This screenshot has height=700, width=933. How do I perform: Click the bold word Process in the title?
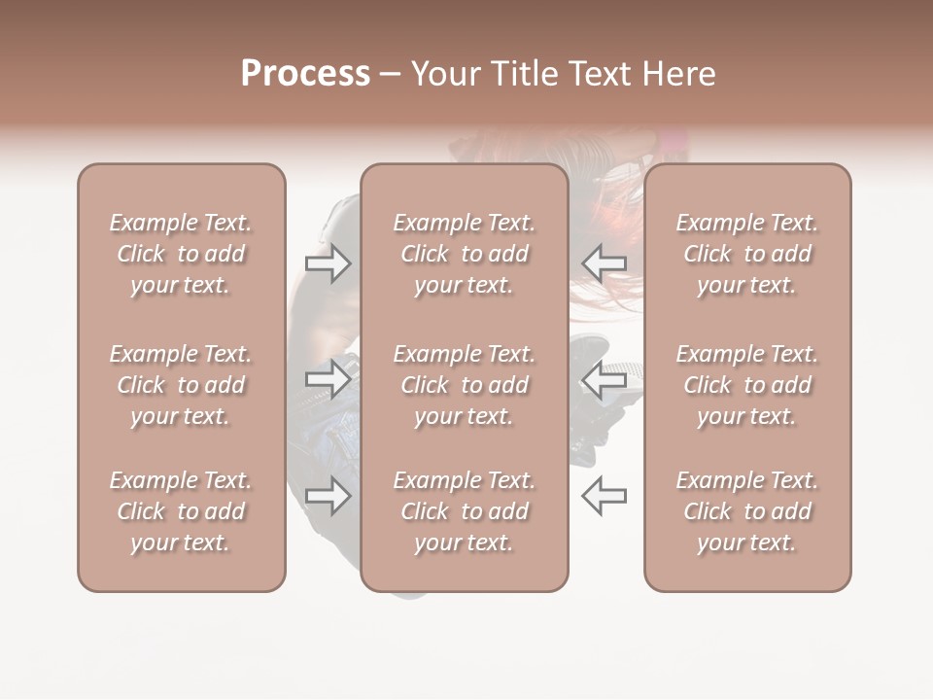[x=305, y=74]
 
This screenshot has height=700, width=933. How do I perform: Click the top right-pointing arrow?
[x=328, y=263]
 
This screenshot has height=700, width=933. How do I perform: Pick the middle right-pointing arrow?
[x=328, y=379]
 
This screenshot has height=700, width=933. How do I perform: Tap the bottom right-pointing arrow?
[x=328, y=496]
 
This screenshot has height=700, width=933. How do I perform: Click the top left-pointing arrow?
[x=604, y=263]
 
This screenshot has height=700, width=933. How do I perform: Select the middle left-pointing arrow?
[x=604, y=379]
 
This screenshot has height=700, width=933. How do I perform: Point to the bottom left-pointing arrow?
[x=604, y=496]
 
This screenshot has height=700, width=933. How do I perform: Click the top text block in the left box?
[x=181, y=254]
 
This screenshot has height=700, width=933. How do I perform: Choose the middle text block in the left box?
[x=181, y=385]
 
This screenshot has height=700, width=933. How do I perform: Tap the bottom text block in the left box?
[x=181, y=511]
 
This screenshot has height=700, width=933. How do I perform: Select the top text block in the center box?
[x=465, y=254]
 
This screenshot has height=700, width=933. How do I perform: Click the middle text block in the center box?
[x=465, y=385]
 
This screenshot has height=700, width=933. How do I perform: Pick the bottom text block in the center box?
[x=465, y=511]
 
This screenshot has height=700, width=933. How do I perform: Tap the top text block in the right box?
[x=747, y=254]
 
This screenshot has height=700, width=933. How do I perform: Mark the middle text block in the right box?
[x=747, y=385]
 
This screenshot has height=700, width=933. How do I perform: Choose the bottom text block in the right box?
[x=747, y=511]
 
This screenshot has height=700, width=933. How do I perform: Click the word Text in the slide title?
[x=601, y=74]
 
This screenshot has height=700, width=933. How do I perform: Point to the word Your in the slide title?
[x=448, y=74]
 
